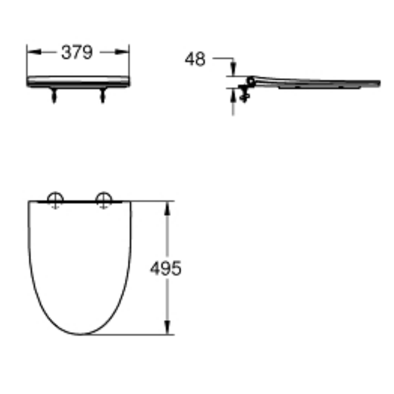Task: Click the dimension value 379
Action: coord(77,53)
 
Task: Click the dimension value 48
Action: coord(195,59)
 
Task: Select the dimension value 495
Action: coord(165,268)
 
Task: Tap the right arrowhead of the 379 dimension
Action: coord(124,53)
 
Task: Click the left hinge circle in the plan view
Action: coord(55,199)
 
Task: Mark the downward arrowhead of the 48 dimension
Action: coord(234,72)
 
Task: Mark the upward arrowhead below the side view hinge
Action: coord(234,92)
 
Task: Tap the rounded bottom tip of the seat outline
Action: coord(80,333)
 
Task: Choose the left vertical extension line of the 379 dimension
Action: coord(27,61)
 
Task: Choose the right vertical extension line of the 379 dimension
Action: coord(129,61)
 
